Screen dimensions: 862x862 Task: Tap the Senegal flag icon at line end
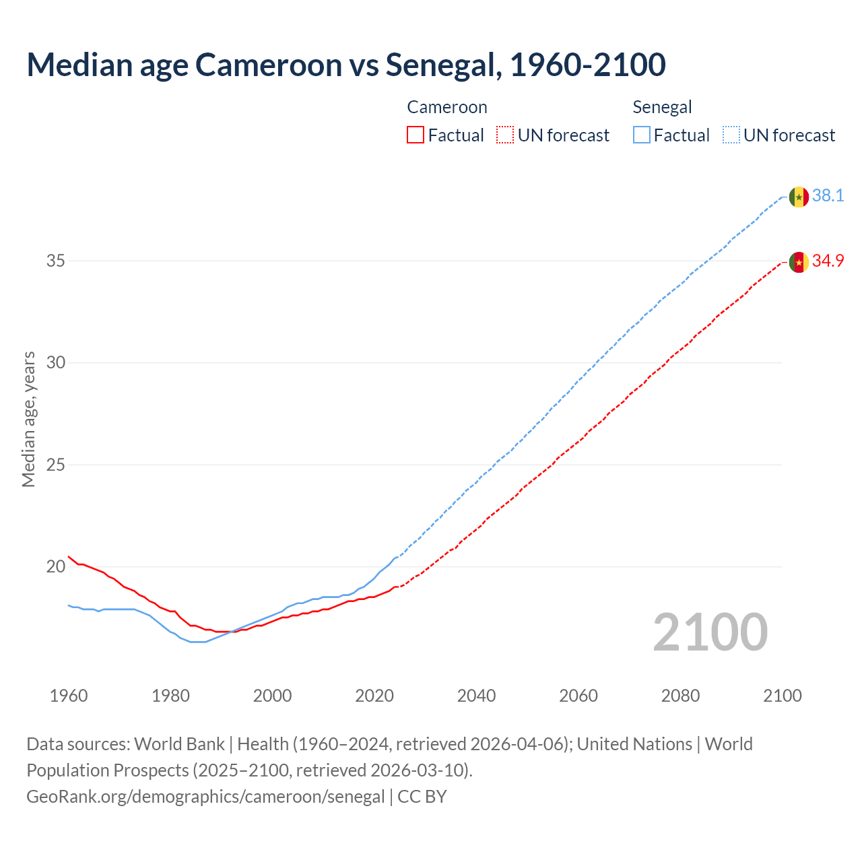[x=799, y=197]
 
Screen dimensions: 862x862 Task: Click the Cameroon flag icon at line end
[x=799, y=262]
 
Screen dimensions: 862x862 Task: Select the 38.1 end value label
[x=828, y=196]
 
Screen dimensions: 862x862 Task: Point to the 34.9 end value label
[x=828, y=261]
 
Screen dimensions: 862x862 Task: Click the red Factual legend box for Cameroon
[x=416, y=135]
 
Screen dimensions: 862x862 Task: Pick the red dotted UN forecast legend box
[x=505, y=135]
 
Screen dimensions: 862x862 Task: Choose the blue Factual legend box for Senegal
[x=642, y=135]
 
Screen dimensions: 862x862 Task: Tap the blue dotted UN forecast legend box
[x=731, y=135]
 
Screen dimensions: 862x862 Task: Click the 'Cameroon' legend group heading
[x=447, y=107]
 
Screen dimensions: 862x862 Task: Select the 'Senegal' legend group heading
[x=662, y=107]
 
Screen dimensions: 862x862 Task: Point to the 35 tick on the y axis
[x=55, y=261]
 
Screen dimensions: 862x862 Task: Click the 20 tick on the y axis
[x=55, y=566]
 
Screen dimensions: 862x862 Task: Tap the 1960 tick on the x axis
[x=69, y=696]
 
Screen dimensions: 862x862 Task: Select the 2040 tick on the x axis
[x=476, y=696]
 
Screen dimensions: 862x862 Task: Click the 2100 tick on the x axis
[x=782, y=696]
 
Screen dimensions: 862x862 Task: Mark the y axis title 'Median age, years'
[x=28, y=419]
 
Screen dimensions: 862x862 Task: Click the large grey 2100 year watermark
[x=710, y=632]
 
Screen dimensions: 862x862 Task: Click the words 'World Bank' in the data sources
[x=179, y=744]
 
